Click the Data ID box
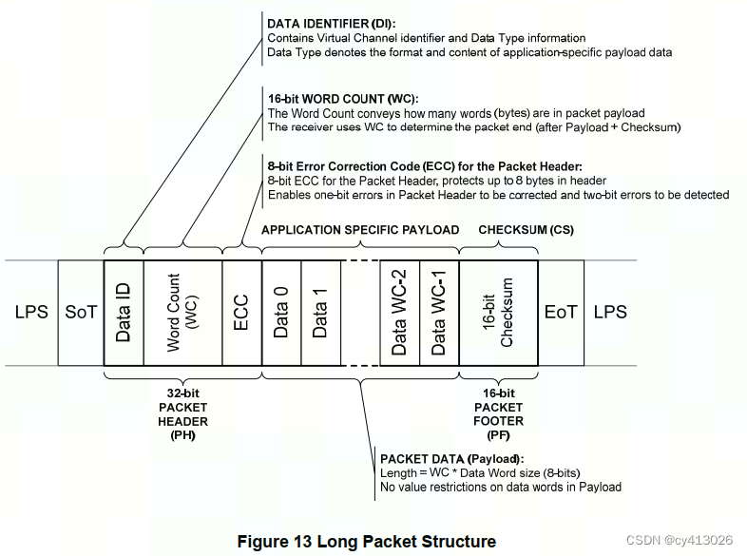(123, 313)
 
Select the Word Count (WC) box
(182, 313)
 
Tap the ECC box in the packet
(241, 313)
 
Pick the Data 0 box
(281, 313)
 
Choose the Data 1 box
(321, 313)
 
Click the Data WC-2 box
(399, 313)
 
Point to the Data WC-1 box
(439, 313)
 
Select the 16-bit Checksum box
(498, 313)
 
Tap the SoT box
(81, 313)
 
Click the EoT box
(561, 313)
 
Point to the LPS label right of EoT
(610, 313)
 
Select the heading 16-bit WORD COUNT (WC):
(342, 98)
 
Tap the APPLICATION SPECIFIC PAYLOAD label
(360, 230)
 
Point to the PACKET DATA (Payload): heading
(452, 458)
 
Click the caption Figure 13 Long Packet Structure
(366, 542)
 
